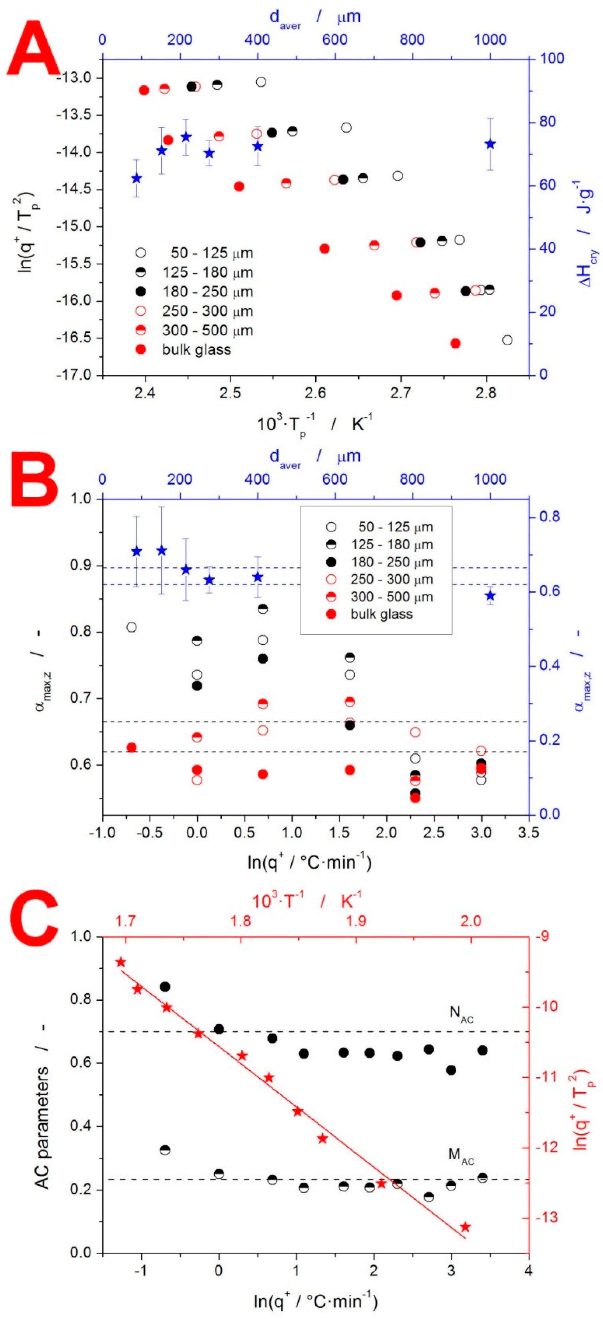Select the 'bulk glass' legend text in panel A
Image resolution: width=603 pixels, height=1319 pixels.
click(196, 350)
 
